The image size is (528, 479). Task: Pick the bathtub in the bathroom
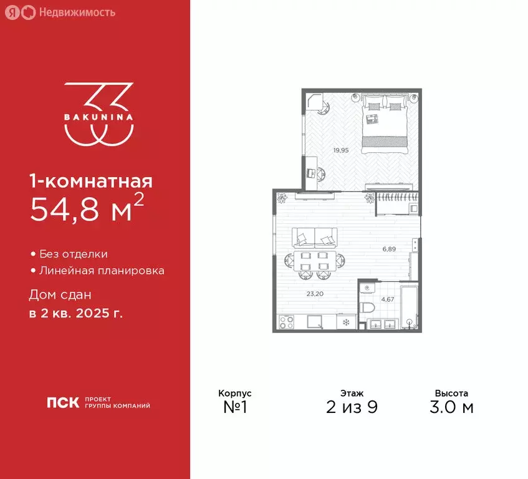pyautogui.click(x=409, y=306)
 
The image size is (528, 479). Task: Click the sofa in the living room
pyautogui.click(x=315, y=238)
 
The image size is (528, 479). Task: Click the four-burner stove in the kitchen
pyautogui.click(x=286, y=323)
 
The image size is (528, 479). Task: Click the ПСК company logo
pyautogui.click(x=64, y=402)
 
